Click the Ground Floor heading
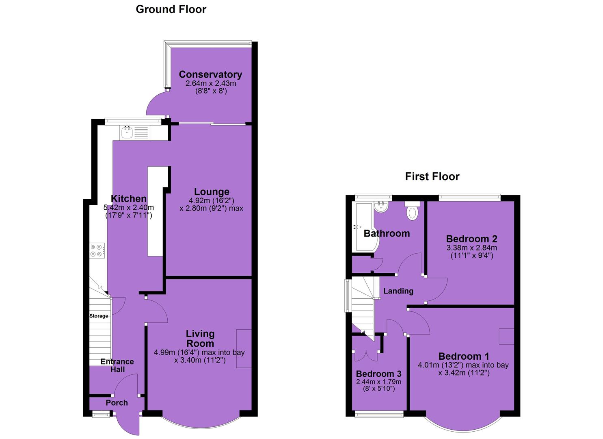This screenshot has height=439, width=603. (171, 9)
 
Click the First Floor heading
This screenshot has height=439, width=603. (432, 176)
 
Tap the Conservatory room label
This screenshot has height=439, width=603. (210, 74)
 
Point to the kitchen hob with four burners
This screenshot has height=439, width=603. (97, 250)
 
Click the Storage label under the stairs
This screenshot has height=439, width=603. (99, 316)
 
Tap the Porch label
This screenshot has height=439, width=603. (117, 403)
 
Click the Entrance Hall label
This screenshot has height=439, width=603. (117, 365)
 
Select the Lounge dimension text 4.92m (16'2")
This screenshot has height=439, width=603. (212, 200)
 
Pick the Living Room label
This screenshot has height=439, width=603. (200, 339)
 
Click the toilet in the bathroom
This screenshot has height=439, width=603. (412, 211)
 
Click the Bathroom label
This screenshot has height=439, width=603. (387, 233)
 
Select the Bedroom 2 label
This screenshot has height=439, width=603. (471, 239)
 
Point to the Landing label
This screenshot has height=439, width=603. (398, 291)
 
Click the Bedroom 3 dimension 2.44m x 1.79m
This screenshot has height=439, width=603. (378, 382)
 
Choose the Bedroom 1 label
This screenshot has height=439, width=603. (464, 356)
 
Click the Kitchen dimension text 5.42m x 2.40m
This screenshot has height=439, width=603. (129, 207)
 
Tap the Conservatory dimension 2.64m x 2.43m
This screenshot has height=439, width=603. (211, 83)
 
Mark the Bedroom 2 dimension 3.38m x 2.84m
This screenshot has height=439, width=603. (472, 248)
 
